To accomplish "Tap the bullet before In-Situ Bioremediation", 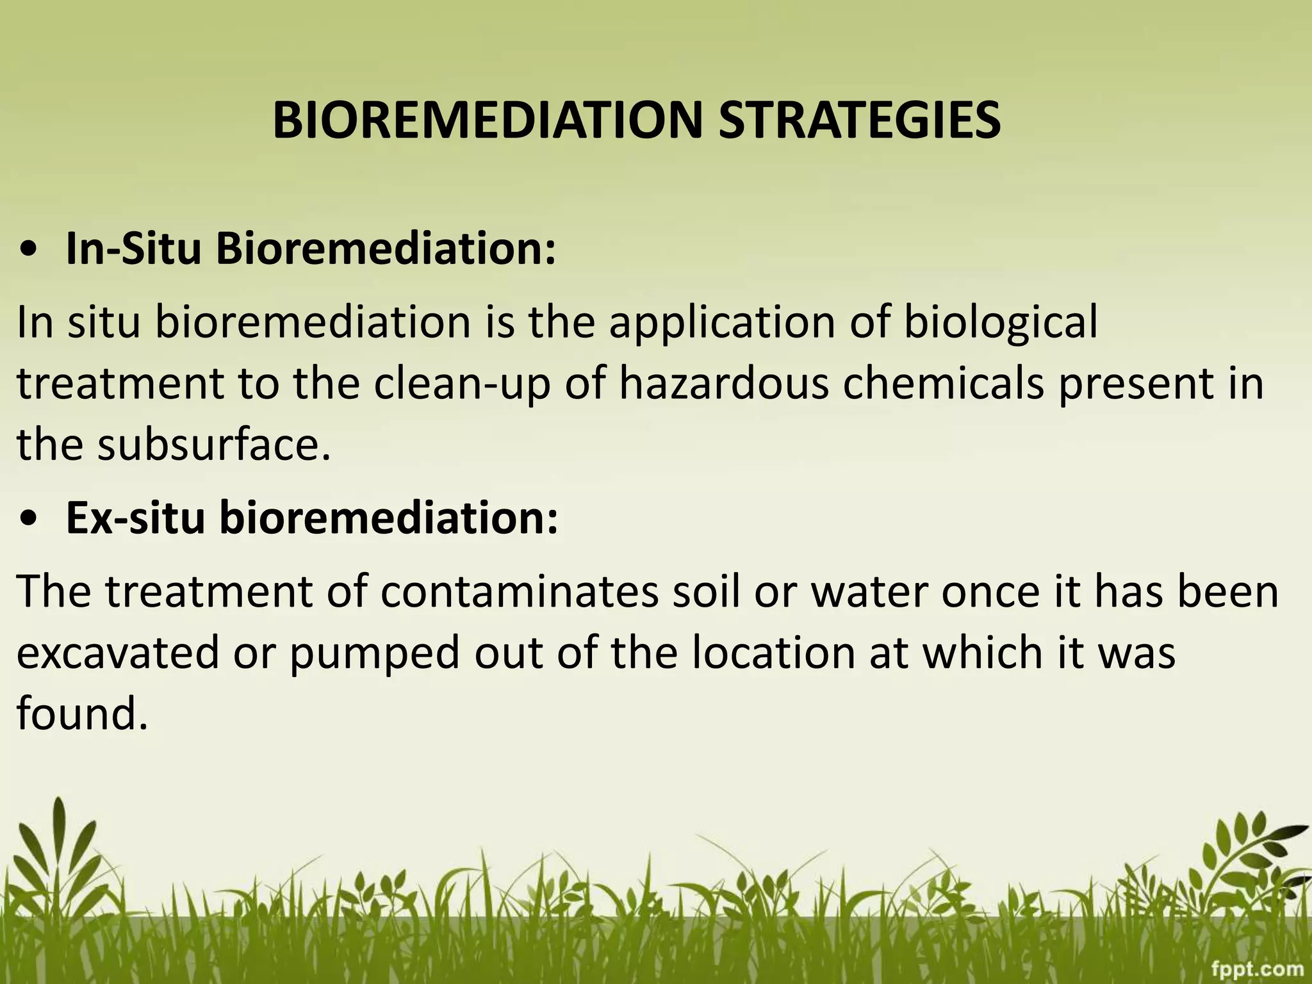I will tap(29, 250).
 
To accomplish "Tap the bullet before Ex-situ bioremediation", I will tap(29, 520).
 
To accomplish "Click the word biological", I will tap(1001, 323).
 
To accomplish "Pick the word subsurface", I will tap(214, 445).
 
